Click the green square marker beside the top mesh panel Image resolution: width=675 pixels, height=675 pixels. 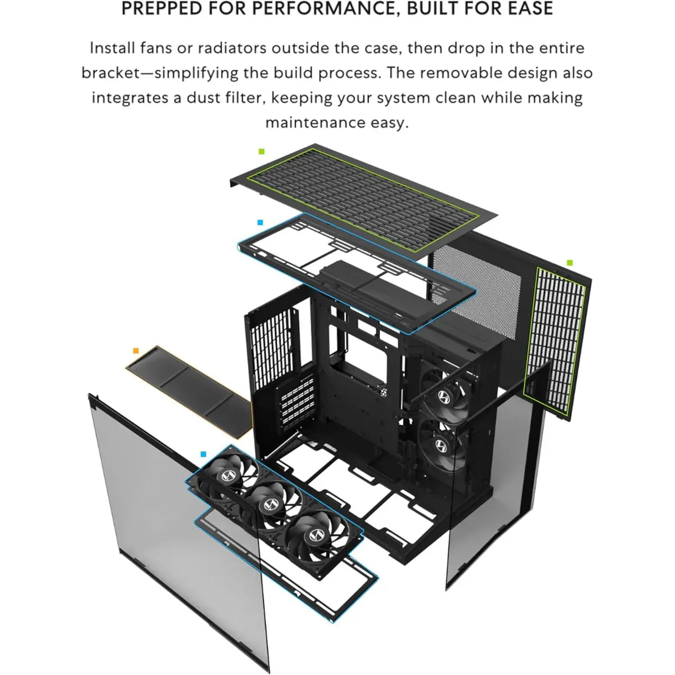pyautogui.click(x=261, y=151)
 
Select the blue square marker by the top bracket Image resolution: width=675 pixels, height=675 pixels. pyautogui.click(x=260, y=223)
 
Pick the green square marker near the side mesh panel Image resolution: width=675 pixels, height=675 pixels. pyautogui.click(x=569, y=263)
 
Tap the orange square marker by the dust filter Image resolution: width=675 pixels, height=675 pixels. pyautogui.click(x=136, y=350)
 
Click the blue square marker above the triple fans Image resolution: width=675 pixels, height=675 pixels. pyautogui.click(x=203, y=454)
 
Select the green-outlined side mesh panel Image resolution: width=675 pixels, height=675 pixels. pyautogui.click(x=554, y=337)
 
